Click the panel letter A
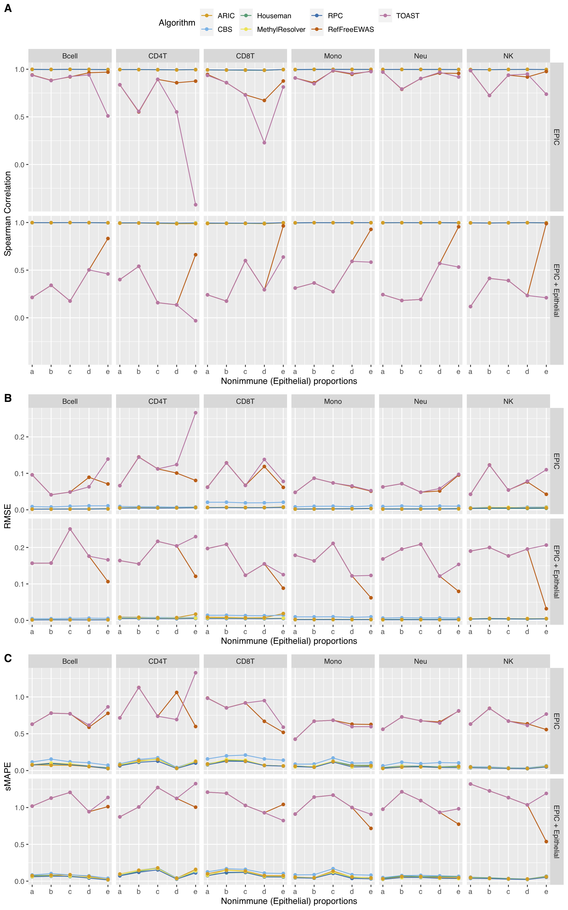point(8,8)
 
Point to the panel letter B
point(8,398)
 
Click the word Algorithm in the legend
point(177,23)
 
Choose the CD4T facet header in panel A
point(157,56)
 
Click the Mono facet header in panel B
point(333,401)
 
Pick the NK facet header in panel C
point(508,661)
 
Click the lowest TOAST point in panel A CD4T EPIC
point(195,205)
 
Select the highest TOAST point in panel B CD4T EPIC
point(195,413)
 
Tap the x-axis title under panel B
point(289,641)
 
